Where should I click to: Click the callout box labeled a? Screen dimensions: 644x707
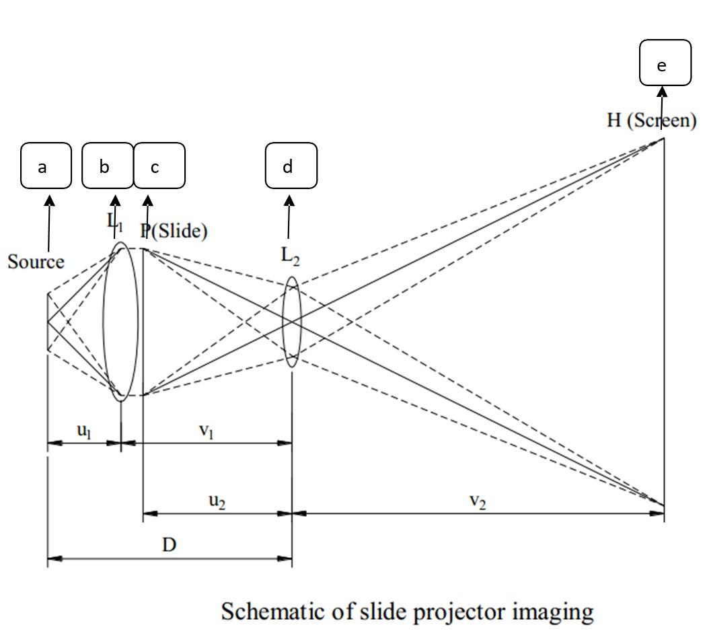click(46, 166)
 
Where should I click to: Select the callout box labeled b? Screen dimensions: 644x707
click(107, 166)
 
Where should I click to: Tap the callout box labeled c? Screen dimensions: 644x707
click(159, 166)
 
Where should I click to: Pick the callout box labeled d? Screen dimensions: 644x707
click(291, 166)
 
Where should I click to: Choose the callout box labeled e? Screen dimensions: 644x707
click(665, 63)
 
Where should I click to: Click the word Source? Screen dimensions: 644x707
click(36, 262)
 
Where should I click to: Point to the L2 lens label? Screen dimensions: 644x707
click(290, 256)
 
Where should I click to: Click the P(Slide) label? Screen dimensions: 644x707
click(174, 231)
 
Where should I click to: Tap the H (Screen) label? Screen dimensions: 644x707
click(650, 120)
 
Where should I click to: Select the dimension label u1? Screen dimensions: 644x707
click(83, 431)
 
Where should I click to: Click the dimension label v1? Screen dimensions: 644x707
click(207, 431)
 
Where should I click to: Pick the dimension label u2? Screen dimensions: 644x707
click(216, 501)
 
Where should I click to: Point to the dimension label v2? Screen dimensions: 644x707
click(478, 501)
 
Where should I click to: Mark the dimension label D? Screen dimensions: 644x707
click(169, 544)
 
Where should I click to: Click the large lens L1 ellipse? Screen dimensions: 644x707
click(120, 322)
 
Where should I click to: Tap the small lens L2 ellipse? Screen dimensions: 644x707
click(291, 322)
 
